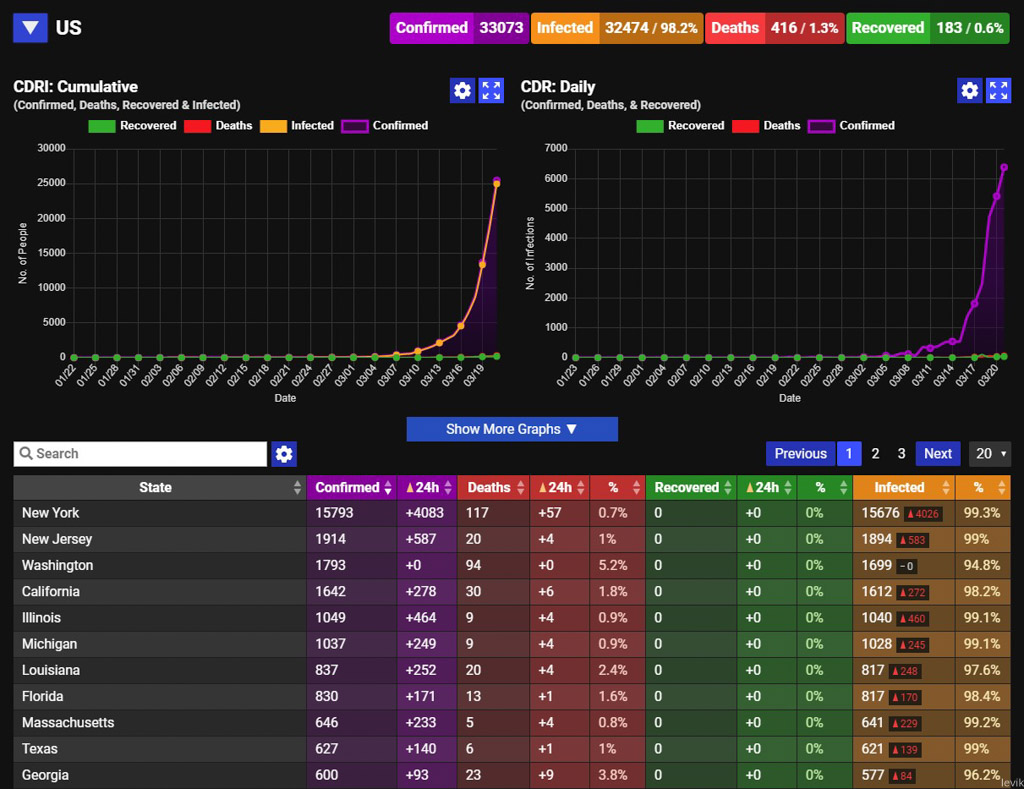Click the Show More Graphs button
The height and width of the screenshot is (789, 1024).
click(x=512, y=429)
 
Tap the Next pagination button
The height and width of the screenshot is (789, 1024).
click(x=938, y=453)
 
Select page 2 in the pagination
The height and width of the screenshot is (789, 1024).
click(x=875, y=453)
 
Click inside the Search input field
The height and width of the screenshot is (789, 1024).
click(x=140, y=454)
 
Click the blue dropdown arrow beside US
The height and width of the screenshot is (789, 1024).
click(x=30, y=27)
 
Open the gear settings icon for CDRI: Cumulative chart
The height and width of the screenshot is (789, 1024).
click(x=462, y=90)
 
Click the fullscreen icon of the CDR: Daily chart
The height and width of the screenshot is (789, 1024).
click(x=999, y=90)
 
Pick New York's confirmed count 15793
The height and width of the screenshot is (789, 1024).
click(x=334, y=513)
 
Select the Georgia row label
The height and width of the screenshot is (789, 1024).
click(x=45, y=775)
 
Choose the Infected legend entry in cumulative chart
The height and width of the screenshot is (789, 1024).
click(x=297, y=125)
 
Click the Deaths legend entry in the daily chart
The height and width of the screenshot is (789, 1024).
click(x=767, y=125)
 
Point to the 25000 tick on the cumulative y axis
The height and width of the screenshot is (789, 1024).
click(x=51, y=183)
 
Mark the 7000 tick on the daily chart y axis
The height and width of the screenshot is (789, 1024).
click(x=556, y=148)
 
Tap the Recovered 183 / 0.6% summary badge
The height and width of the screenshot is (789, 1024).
click(x=927, y=28)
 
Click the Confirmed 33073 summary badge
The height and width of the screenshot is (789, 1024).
click(x=459, y=28)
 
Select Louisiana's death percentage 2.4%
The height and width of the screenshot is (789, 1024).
click(x=613, y=670)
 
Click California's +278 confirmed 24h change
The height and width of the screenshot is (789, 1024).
click(x=421, y=591)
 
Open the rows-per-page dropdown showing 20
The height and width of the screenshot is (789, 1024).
click(x=990, y=453)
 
